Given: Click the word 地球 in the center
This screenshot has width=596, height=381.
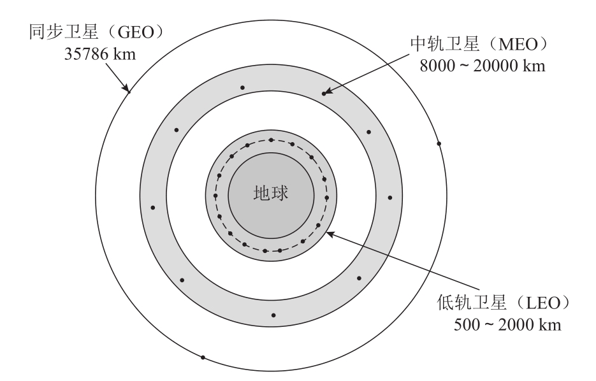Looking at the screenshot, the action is coord(271,193).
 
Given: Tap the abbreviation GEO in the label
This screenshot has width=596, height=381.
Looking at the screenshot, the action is coord(136,32).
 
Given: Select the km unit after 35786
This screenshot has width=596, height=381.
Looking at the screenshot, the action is coord(124,54).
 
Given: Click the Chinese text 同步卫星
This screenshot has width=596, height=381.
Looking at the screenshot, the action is coord(64,32).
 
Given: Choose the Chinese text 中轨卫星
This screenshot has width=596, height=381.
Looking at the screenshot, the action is coord(445,45).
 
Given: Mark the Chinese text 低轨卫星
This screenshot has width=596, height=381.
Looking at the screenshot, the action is coord(472,303).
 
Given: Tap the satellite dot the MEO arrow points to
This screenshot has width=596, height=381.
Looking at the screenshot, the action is coord(324,94).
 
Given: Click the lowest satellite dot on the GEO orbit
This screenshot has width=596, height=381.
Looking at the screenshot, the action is coord(203,357).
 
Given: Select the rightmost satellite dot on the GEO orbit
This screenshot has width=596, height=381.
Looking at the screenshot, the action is coord(439,143).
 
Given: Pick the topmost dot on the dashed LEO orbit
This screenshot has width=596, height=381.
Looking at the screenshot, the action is coord(271,140).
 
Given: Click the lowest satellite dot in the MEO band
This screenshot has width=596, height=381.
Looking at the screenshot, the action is coord(273,315).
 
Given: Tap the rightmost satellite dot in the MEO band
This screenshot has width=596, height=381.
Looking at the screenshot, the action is coord(390,198).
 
